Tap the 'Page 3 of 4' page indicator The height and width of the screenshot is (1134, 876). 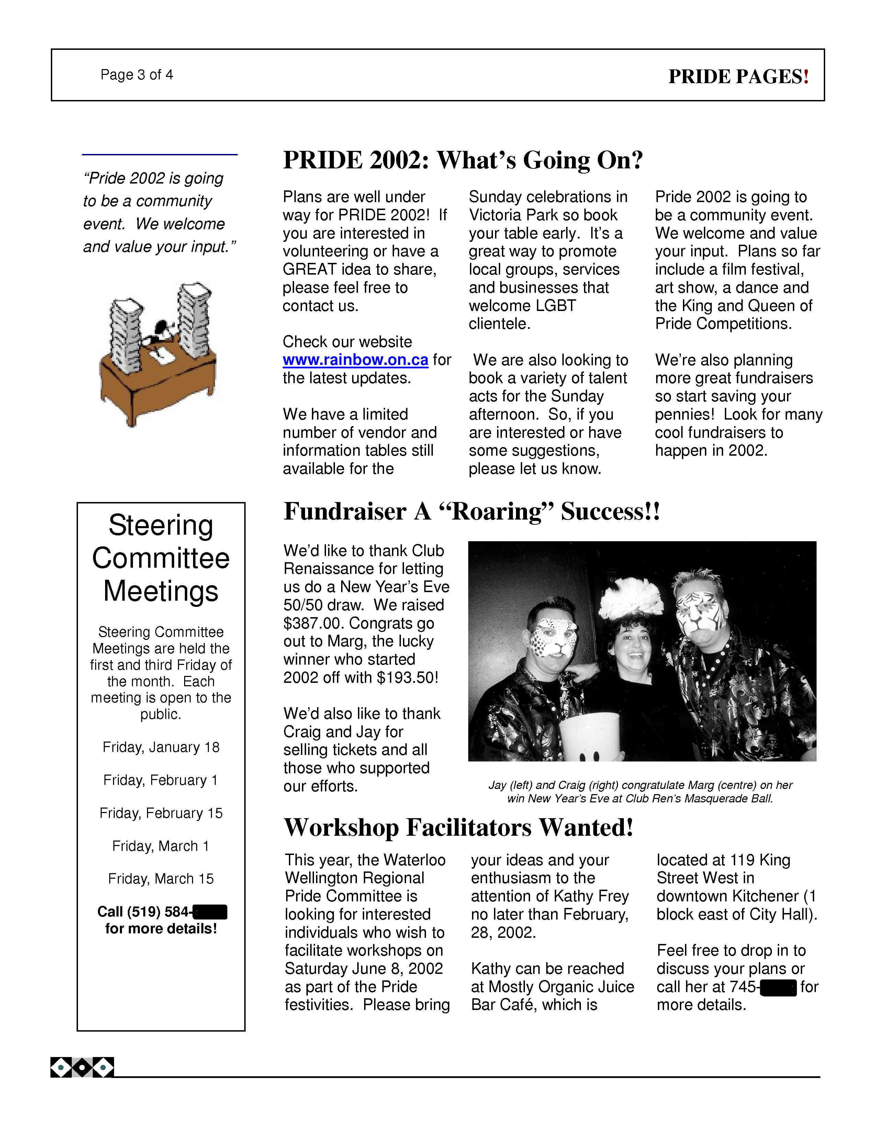coord(136,75)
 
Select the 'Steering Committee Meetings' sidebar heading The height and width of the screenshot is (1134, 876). coord(161,558)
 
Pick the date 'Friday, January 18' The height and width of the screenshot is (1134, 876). coord(161,747)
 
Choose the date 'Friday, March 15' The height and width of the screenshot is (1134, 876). coord(161,879)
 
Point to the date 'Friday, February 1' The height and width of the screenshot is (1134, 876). coord(161,780)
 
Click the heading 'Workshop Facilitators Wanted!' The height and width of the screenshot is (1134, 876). coord(459,828)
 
